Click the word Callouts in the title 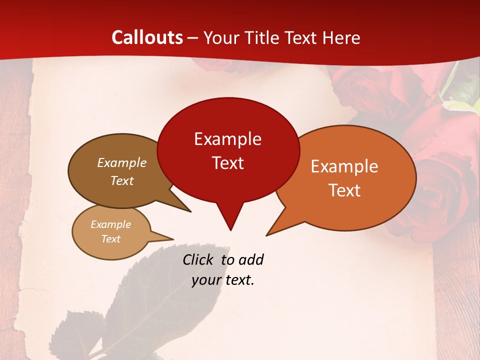click(147, 37)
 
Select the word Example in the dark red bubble click(227, 139)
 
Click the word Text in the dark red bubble click(227, 163)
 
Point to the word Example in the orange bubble click(344, 166)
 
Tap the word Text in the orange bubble click(344, 190)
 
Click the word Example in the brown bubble click(122, 163)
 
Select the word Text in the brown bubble click(122, 180)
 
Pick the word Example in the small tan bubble click(110, 224)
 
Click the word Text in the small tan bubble click(110, 239)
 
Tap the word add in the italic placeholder click(251, 259)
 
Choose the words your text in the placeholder click(223, 280)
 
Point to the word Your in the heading click(221, 37)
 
